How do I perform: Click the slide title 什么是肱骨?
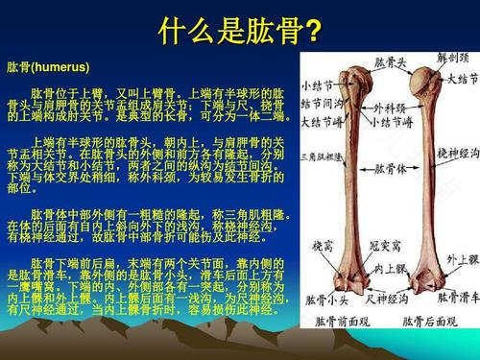click(239, 31)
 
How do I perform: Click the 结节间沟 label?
click(324, 104)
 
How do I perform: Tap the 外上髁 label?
click(454, 259)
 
